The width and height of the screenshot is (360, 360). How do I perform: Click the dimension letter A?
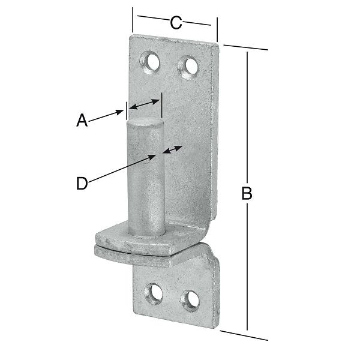click(82, 121)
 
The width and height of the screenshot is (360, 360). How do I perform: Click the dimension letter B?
click(247, 193)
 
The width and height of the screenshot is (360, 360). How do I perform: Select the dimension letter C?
click(176, 23)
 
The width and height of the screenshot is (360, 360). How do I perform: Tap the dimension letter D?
click(82, 184)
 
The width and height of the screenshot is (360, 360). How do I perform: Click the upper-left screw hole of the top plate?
click(150, 63)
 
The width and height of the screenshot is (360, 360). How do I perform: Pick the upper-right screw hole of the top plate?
click(188, 68)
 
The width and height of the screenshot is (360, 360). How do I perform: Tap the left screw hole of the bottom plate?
click(154, 293)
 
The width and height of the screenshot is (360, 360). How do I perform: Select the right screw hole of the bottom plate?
click(190, 301)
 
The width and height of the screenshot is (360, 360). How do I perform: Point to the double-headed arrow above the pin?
click(145, 104)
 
